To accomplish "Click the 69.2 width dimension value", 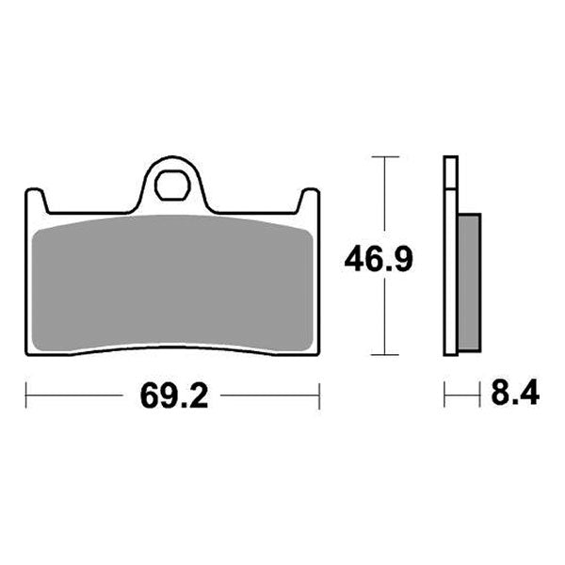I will click(x=173, y=396).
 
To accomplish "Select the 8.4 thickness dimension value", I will click(x=514, y=394).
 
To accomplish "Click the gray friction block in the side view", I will click(x=468, y=282).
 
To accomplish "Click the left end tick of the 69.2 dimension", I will click(x=25, y=395).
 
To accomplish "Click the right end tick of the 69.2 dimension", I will click(x=320, y=395).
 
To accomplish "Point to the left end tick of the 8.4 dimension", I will click(x=445, y=395).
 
